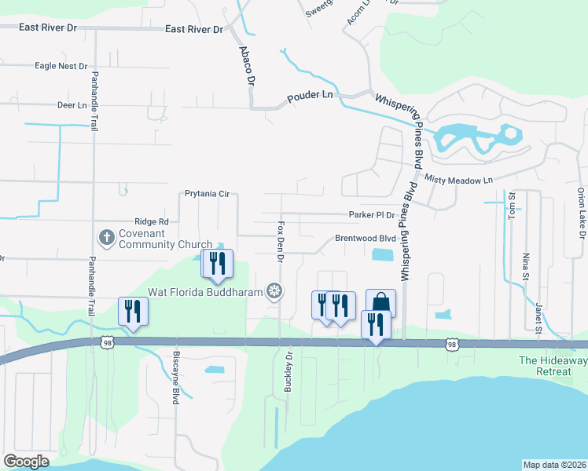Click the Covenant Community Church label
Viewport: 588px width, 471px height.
click(165, 239)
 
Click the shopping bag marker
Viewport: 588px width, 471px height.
click(380, 303)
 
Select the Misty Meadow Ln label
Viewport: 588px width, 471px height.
click(458, 180)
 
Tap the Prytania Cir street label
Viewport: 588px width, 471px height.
click(206, 193)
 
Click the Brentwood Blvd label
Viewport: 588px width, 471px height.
click(365, 238)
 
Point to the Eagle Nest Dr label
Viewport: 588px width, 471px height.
click(61, 67)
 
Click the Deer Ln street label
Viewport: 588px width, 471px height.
click(72, 105)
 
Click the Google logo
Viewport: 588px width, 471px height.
click(27, 461)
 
